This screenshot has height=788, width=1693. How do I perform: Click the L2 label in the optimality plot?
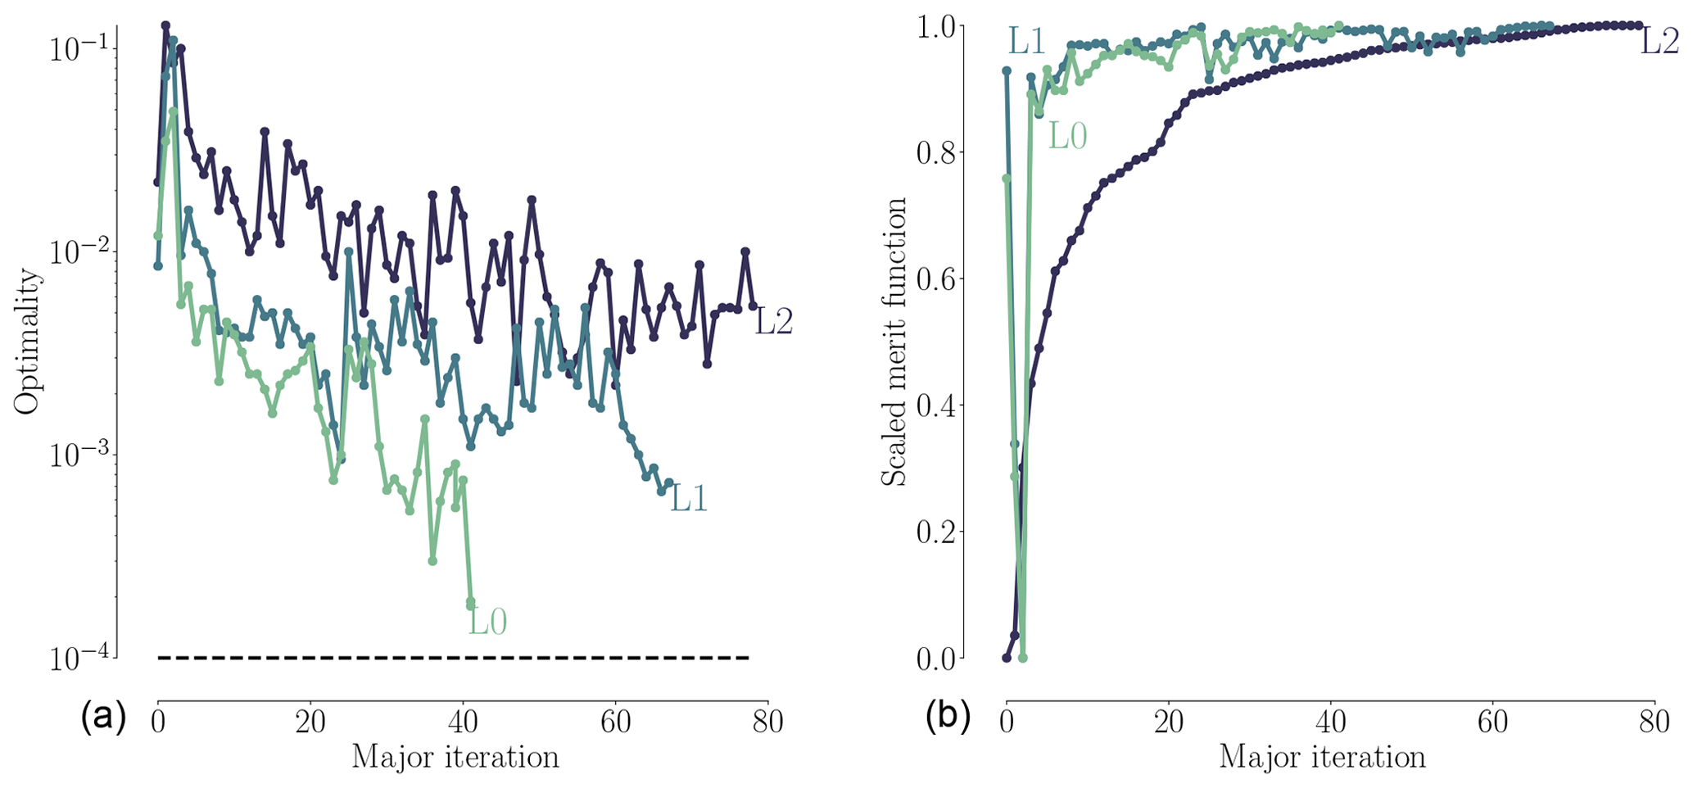[x=773, y=323]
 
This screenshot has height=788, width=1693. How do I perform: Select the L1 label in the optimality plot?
[x=688, y=499]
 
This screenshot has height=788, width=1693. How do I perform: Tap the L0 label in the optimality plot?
[x=487, y=622]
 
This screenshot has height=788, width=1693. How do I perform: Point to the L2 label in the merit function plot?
[x=1659, y=41]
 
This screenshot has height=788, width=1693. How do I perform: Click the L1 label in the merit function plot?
[x=1026, y=41]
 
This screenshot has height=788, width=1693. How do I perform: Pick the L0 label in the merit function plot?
[x=1067, y=137]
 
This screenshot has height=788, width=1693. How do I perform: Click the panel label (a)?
[x=103, y=718]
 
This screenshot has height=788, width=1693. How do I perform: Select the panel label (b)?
[x=948, y=718]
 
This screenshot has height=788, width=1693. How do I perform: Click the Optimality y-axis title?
[x=26, y=342]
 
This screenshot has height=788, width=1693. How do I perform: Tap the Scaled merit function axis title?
[x=894, y=342]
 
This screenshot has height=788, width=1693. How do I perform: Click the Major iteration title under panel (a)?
[x=455, y=757]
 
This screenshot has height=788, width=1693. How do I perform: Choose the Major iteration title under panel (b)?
[x=1322, y=757]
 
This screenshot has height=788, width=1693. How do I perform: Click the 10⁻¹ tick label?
[x=78, y=48]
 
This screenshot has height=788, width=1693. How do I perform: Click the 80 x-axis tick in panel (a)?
[x=767, y=722]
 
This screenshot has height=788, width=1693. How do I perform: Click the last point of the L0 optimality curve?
[x=470, y=604]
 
